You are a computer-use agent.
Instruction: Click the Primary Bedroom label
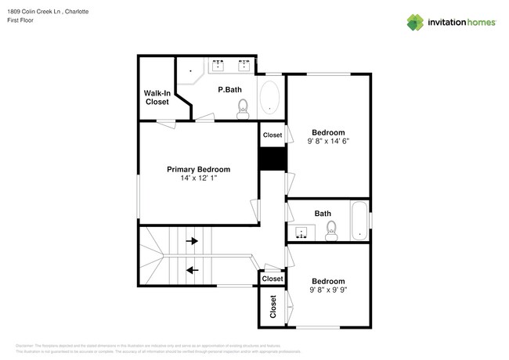[198, 169]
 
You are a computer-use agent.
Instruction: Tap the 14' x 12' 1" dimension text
[198, 178]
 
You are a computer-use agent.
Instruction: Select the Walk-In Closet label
[157, 97]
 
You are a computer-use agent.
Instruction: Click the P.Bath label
[229, 90]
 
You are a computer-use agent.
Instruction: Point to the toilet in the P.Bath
[243, 108]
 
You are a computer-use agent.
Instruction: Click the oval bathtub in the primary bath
[269, 98]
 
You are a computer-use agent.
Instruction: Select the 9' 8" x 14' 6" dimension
[329, 142]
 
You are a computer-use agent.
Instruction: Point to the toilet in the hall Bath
[330, 229]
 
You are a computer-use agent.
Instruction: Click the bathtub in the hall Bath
[359, 222]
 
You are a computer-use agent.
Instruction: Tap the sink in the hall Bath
[301, 232]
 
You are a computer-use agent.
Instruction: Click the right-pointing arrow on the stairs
[192, 242]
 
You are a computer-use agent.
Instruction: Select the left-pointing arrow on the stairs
[192, 270]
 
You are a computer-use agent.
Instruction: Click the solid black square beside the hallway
[272, 159]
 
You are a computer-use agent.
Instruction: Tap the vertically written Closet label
[273, 307]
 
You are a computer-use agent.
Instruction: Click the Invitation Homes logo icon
[415, 22]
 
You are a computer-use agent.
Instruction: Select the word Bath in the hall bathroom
[323, 213]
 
